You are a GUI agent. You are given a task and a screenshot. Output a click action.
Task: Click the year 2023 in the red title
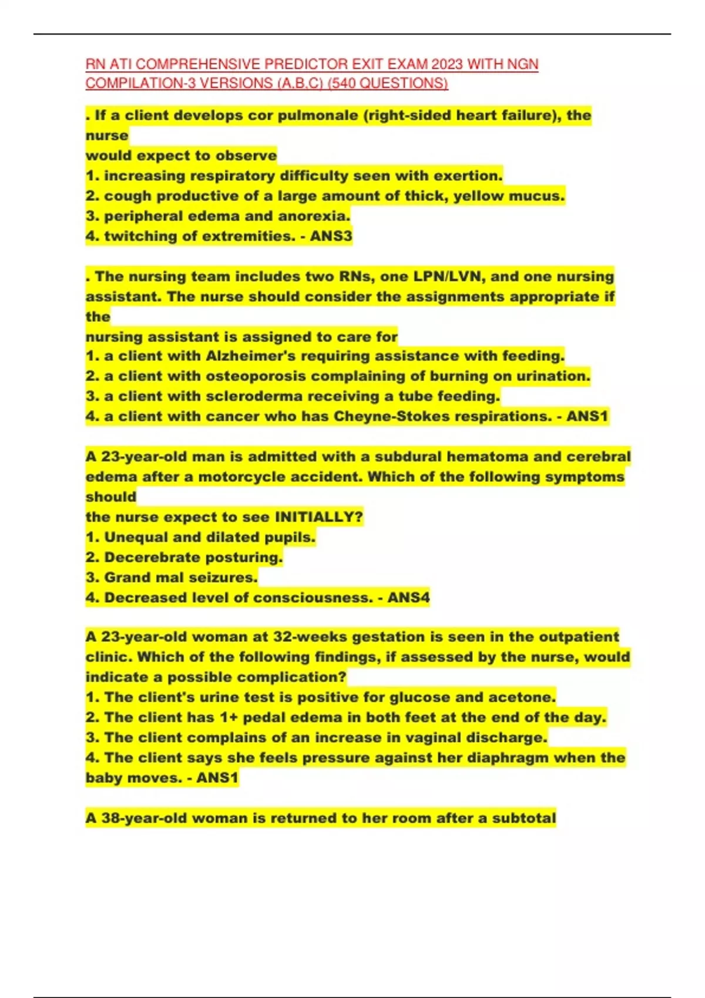click(446, 64)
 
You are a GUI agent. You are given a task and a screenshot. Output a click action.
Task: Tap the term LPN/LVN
click(439, 277)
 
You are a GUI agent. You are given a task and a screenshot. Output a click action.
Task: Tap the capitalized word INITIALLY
click(318, 517)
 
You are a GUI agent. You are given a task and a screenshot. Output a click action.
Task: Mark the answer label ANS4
click(409, 598)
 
